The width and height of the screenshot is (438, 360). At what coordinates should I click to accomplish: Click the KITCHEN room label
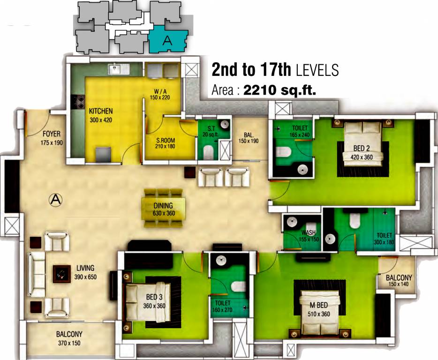pyautogui.click(x=101, y=112)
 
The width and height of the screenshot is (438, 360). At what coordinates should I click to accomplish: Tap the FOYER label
pyautogui.click(x=51, y=134)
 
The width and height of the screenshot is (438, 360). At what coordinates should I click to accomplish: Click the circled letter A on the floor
pyautogui.click(x=55, y=199)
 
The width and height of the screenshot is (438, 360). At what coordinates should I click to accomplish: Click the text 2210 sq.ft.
pyautogui.click(x=279, y=90)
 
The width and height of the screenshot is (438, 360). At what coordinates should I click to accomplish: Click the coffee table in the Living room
pyautogui.click(x=61, y=273)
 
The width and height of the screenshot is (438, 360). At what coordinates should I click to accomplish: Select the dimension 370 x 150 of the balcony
pyautogui.click(x=69, y=343)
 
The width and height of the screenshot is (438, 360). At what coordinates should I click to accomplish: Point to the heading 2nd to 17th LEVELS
pyautogui.click(x=275, y=70)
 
